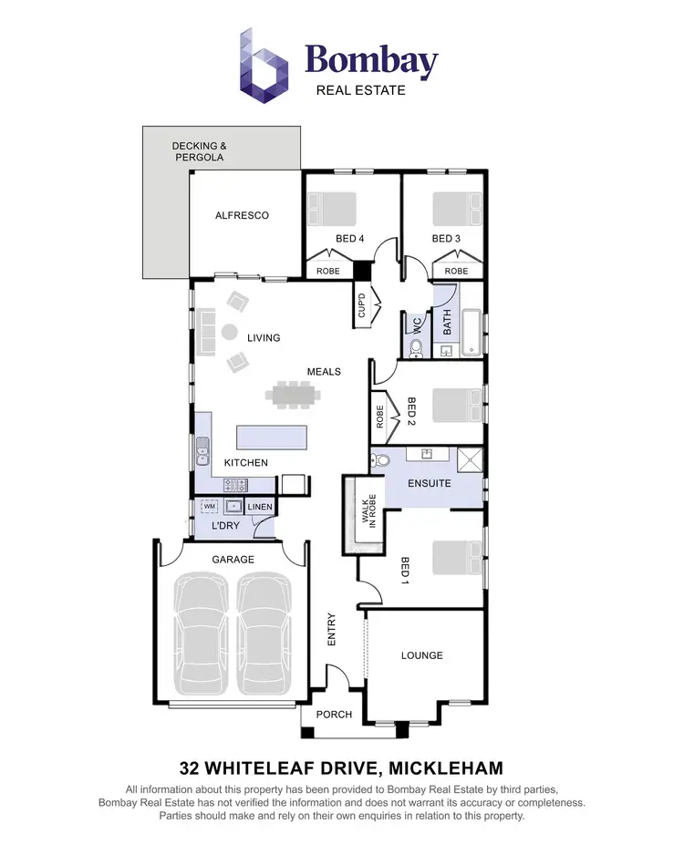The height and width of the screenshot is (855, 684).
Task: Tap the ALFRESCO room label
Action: [242, 215]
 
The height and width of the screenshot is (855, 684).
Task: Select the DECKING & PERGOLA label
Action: [199, 151]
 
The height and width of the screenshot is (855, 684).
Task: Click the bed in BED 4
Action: [333, 209]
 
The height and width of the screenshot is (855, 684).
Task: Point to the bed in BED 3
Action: [456, 209]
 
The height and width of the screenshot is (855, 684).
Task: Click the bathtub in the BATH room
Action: [472, 333]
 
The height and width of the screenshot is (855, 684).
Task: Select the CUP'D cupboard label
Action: [361, 304]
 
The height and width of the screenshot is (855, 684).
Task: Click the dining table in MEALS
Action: [293, 395]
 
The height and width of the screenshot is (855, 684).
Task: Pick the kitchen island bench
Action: [273, 438]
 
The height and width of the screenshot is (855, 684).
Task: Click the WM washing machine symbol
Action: [210, 506]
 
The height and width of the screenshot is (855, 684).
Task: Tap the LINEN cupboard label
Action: [260, 507]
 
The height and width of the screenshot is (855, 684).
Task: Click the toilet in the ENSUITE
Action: [381, 459]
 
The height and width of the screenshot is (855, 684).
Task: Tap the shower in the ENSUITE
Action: [470, 458]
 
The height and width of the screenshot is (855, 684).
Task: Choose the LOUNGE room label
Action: [422, 655]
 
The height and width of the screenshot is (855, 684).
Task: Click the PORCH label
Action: [334, 715]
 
